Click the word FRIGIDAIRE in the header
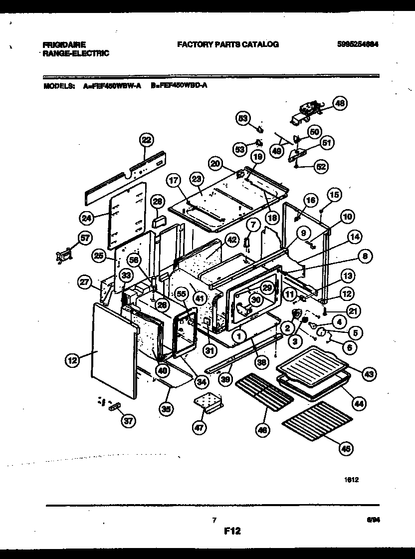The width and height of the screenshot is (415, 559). point(64,44)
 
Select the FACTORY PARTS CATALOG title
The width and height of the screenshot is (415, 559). point(227,44)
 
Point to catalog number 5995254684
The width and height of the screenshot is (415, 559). point(357,44)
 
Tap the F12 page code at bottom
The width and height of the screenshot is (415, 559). point(232,532)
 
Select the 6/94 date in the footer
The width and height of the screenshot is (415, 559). point(371,520)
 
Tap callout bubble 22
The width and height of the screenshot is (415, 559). point(146,140)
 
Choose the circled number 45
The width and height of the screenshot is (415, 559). point(345,449)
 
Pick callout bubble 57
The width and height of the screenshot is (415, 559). point(85,238)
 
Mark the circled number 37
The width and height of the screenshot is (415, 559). point(128,421)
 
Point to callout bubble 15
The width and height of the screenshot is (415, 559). point(334,195)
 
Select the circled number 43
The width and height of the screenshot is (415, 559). point(370,373)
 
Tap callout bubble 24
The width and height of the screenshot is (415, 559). point(87,217)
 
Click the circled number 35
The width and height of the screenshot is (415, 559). point(166,408)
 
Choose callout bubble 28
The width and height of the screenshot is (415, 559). point(158,201)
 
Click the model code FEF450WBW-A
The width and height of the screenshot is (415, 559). point(116,85)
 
